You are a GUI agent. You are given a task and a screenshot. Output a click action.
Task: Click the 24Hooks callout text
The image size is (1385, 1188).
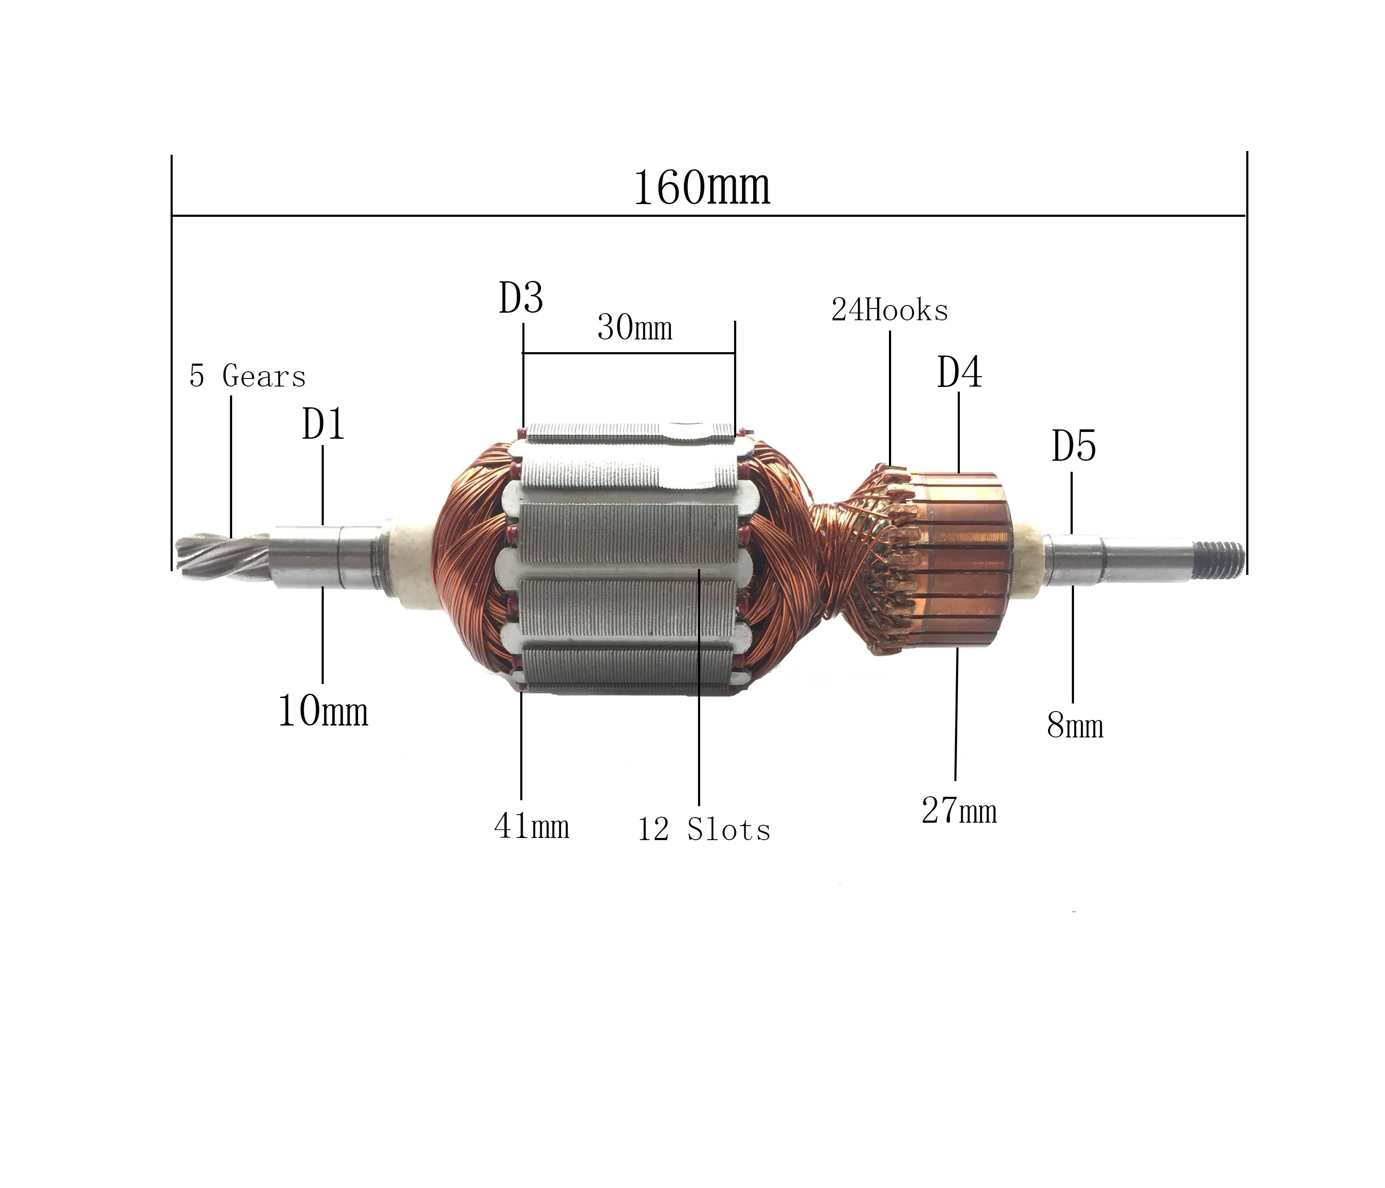(889, 311)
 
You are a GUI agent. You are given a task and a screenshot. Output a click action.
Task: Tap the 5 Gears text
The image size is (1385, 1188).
(247, 376)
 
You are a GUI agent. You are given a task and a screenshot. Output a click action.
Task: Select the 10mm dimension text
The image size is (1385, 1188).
(323, 712)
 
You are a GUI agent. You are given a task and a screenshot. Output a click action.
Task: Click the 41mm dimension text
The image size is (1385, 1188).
(531, 827)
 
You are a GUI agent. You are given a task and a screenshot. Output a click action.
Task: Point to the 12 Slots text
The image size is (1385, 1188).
(704, 830)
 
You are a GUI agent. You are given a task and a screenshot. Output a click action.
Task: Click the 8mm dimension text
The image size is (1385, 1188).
(1074, 726)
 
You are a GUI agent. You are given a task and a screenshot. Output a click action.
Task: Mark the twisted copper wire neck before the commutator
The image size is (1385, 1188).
(832, 560)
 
